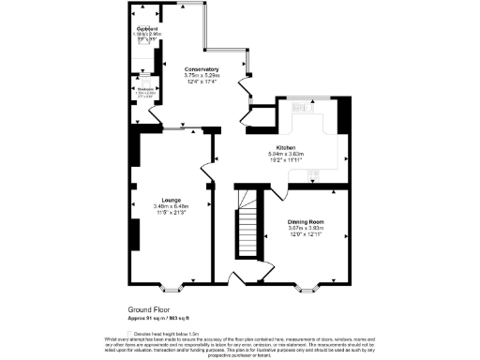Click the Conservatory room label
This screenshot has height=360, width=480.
click(202, 69)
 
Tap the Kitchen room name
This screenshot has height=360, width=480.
click(287, 147)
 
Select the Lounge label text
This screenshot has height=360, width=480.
click(171, 200)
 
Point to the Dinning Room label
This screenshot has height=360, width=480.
click(310, 221)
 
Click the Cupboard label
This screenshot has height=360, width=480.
click(145, 29)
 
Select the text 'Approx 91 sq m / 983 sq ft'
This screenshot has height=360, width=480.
click(165, 317)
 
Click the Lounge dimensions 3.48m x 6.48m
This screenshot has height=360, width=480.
click(171, 206)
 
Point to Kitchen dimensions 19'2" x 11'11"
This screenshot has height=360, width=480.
click(287, 160)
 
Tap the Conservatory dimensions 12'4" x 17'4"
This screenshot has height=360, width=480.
click(202, 82)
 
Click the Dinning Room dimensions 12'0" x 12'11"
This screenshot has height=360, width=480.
click(310, 234)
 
